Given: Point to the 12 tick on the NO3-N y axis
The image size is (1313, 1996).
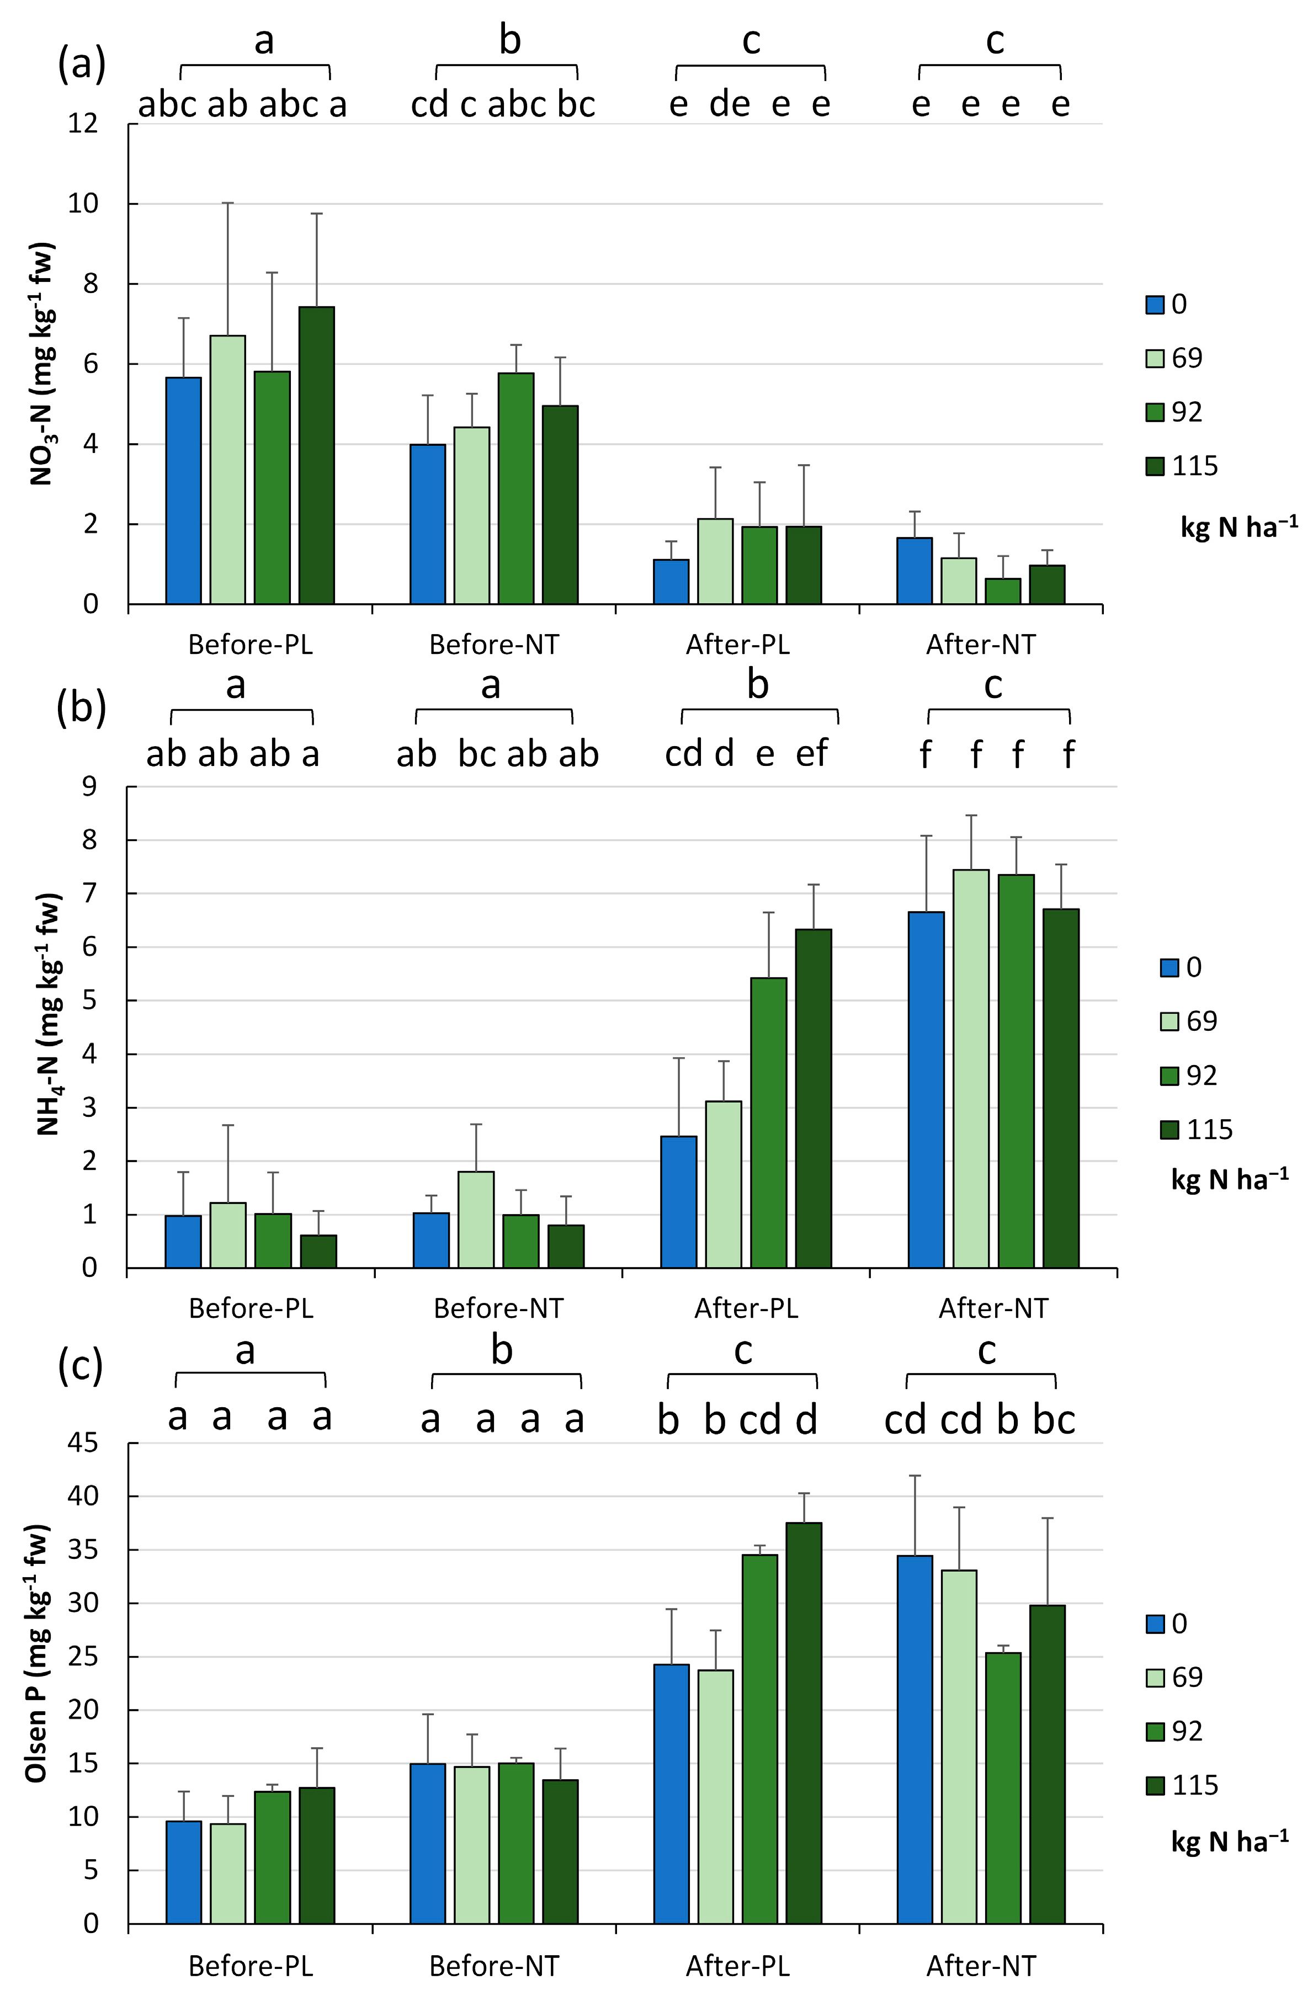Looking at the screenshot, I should point(84,124).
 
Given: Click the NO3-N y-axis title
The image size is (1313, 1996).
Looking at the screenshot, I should point(42,364).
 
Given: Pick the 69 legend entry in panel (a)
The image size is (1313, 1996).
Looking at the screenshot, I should point(1174,358).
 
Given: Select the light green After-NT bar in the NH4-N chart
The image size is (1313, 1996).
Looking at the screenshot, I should point(971,1069).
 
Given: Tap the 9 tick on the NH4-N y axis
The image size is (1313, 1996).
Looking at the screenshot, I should point(88,787).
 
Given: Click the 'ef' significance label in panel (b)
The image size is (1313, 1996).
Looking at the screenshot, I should point(811,753).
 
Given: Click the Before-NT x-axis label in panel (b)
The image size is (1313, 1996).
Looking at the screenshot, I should point(498,1308).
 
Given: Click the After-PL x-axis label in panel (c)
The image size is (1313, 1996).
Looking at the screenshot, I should point(737,1966).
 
